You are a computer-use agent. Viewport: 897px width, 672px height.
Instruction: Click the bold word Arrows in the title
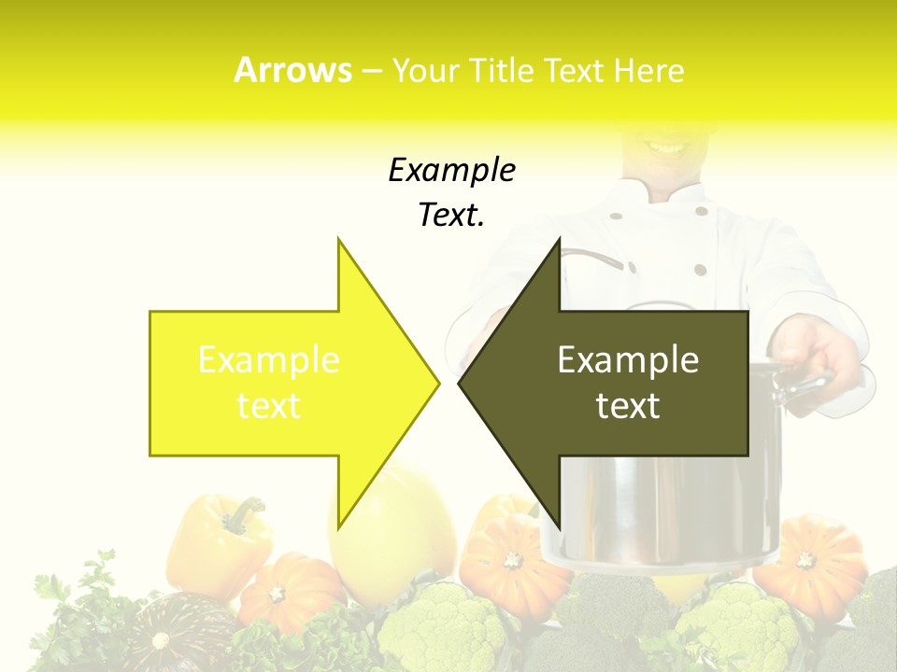(293, 71)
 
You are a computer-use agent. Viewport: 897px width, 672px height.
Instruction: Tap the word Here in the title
(649, 71)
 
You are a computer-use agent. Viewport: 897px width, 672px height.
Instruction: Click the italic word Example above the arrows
(451, 170)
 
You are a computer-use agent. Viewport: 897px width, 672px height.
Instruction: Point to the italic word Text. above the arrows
(451, 215)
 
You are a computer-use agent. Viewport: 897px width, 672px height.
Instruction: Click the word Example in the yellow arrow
(269, 360)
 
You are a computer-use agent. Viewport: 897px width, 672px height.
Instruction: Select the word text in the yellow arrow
(269, 406)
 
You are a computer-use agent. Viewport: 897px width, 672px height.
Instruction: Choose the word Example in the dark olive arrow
(628, 360)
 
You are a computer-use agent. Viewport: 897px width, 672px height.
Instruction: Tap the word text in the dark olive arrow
(628, 406)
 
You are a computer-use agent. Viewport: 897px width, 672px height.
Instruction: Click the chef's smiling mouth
(665, 147)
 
